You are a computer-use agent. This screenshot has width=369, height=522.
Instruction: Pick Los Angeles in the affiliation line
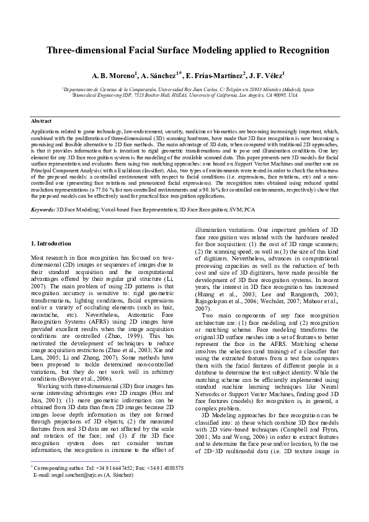252,95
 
